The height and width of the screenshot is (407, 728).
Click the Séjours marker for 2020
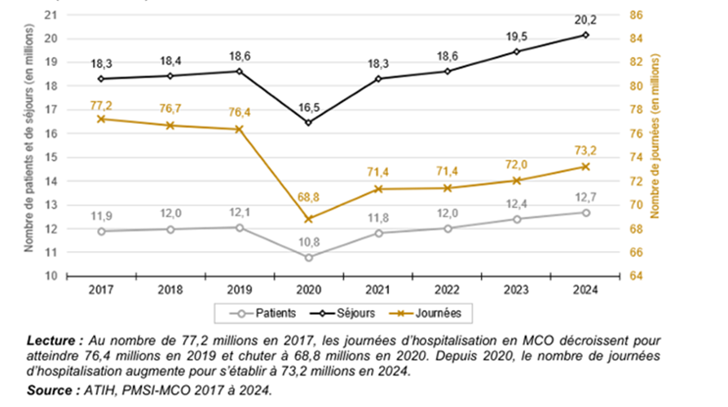tap(308, 122)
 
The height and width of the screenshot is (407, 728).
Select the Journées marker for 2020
tap(308, 219)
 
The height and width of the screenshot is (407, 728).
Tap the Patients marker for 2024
tap(586, 212)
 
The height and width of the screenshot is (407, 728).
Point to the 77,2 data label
tap(101, 106)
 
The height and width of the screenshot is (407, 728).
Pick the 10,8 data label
tap(308, 241)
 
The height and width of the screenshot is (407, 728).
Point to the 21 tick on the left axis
tap(51, 15)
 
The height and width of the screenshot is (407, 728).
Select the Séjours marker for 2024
tap(586, 35)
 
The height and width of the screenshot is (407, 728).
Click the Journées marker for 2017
tap(101, 119)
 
